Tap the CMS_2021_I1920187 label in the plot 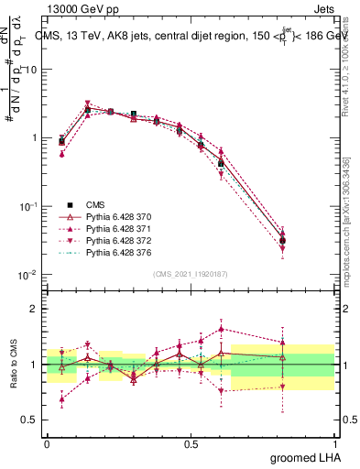click(191, 274)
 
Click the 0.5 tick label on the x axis click(191, 442)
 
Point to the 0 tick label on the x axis click(47, 442)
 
